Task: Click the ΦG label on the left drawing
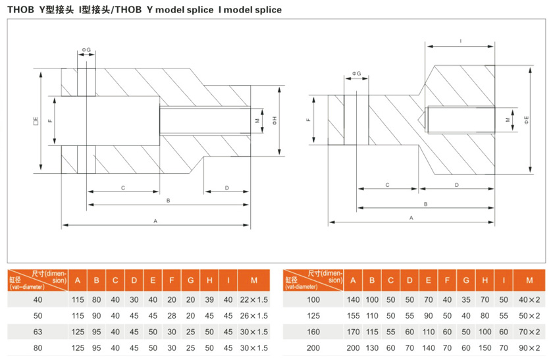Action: click(x=86, y=50)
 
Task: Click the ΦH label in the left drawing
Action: click(x=275, y=120)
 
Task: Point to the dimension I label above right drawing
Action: click(x=460, y=41)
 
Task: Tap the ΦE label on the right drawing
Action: click(x=527, y=120)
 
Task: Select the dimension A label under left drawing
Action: click(x=155, y=221)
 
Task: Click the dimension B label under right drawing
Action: click(x=426, y=204)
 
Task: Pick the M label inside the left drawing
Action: click(x=257, y=120)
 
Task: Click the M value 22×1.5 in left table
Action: click(x=254, y=299)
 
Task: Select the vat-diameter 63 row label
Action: click(x=38, y=332)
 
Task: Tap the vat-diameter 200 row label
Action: click(x=313, y=348)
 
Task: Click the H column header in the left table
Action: click(x=209, y=280)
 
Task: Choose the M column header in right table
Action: click(x=529, y=280)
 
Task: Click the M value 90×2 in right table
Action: click(x=529, y=348)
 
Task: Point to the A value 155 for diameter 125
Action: click(x=353, y=316)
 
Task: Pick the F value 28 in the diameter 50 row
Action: click(x=172, y=316)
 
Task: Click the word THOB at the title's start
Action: click(x=20, y=9)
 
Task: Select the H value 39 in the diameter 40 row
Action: click(x=209, y=299)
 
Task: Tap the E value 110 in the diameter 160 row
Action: click(x=428, y=332)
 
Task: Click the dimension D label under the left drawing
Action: click(x=226, y=188)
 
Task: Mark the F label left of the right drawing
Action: click(x=309, y=120)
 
